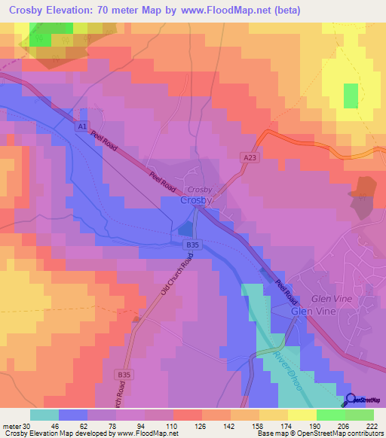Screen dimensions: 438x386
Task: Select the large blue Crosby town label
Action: tap(198, 202)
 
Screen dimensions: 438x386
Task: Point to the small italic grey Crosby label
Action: tap(200, 190)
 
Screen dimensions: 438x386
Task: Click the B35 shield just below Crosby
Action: tap(193, 245)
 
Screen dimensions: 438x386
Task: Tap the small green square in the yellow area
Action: tap(351, 96)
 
